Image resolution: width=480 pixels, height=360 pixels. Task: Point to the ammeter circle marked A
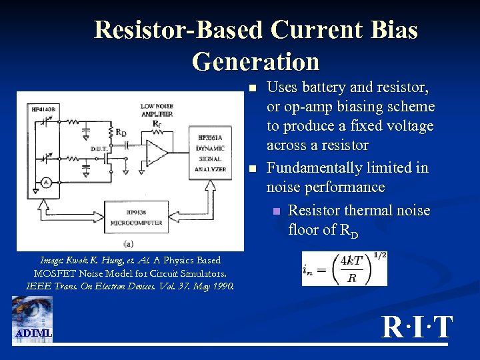[47, 181]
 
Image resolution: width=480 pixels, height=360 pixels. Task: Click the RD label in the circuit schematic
[121, 131]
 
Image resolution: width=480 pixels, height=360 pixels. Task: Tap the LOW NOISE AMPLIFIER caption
[157, 110]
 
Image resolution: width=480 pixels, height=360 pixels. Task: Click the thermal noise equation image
[344, 267]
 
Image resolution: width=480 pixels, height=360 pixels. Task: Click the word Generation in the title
[255, 61]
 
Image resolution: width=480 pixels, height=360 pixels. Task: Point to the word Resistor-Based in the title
[178, 30]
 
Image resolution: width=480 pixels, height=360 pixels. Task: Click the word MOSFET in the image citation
[55, 273]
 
